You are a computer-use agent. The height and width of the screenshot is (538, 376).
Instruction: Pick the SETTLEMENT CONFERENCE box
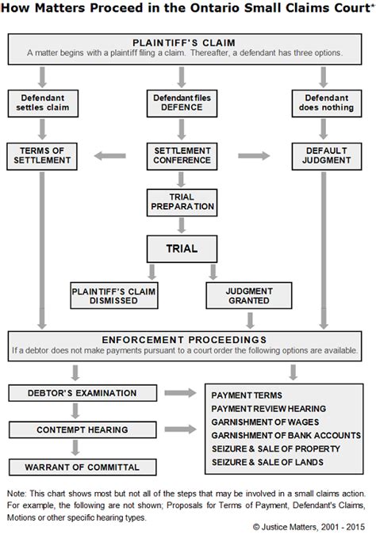click(182, 155)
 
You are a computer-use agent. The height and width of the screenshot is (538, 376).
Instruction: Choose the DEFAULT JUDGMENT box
click(322, 155)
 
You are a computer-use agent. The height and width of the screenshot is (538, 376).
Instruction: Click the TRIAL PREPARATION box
click(182, 201)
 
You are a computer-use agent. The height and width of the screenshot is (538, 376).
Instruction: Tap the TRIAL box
click(182, 248)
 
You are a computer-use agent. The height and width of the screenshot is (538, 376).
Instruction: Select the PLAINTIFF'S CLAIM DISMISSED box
click(113, 295)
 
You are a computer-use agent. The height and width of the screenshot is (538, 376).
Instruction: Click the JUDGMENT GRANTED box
click(251, 295)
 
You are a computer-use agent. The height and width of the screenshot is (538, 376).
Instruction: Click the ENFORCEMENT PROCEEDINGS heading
click(187, 340)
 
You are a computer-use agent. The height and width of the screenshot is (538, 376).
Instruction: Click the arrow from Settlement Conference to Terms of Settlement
click(110, 155)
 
